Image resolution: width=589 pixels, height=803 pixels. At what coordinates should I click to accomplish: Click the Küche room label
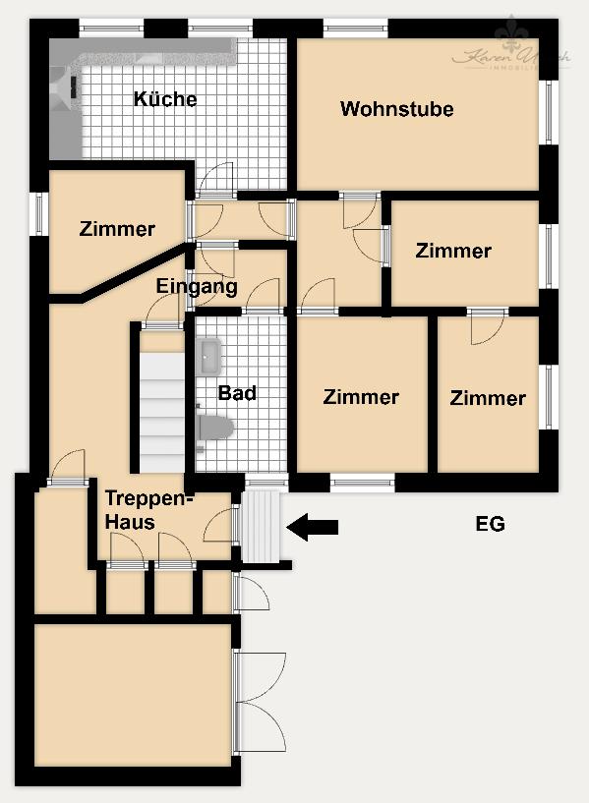click(x=165, y=99)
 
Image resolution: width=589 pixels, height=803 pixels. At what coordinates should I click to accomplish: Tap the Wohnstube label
click(x=396, y=108)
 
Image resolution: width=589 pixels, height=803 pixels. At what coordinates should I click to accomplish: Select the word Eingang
click(x=197, y=287)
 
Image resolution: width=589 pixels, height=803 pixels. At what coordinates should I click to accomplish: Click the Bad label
click(x=237, y=393)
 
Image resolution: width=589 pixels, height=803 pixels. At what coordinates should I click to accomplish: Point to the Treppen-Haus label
click(x=149, y=510)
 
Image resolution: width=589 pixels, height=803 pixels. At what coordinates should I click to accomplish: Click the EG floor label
click(x=490, y=524)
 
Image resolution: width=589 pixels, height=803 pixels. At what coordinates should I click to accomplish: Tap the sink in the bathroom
click(x=208, y=355)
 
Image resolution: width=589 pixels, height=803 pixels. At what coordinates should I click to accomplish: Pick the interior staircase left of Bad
click(x=161, y=403)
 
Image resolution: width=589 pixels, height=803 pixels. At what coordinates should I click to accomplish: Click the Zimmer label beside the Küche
click(x=117, y=229)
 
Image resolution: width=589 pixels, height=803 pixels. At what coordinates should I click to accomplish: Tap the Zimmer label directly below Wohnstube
click(x=452, y=251)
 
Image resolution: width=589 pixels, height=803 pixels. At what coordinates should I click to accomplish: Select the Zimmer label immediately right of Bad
click(x=361, y=397)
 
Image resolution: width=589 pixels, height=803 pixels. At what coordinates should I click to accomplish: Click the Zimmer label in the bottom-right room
click(x=488, y=398)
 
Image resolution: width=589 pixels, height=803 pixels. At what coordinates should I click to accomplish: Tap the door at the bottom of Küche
click(x=215, y=180)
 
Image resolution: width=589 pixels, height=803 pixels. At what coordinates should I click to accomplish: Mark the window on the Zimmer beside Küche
click(x=40, y=213)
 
